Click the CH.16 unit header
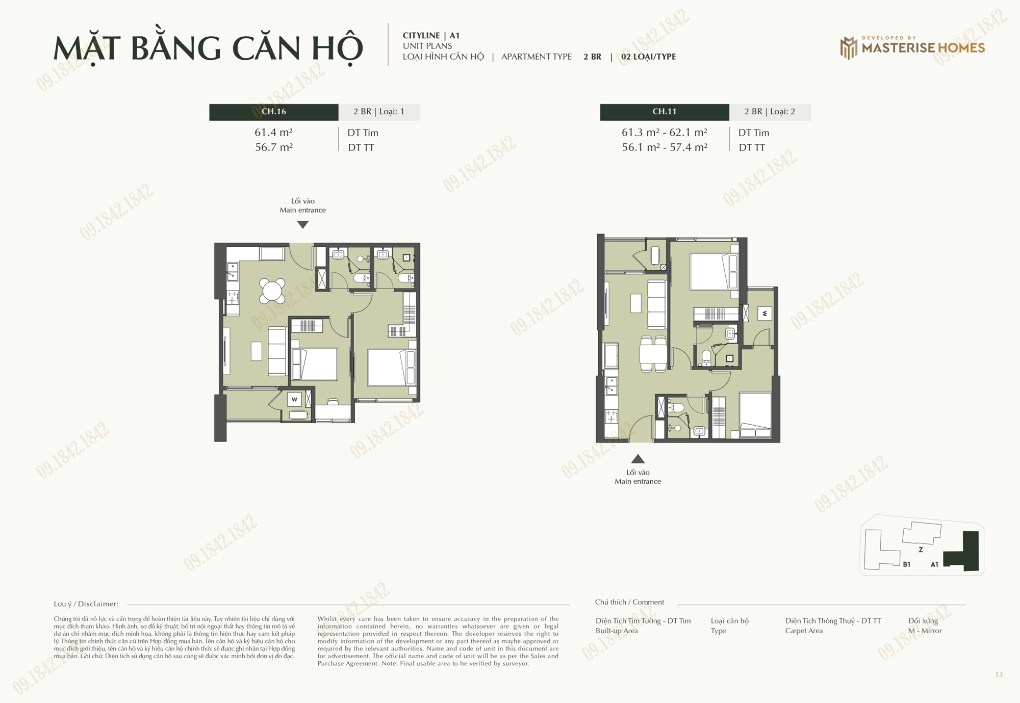(274, 112)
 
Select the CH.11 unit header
(665, 112)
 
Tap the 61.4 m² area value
(274, 133)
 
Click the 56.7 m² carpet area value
(274, 147)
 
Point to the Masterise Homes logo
(912, 48)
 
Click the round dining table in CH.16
(272, 291)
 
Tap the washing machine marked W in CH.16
(295, 399)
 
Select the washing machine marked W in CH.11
(764, 314)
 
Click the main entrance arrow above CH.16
(303, 225)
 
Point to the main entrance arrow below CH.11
(638, 459)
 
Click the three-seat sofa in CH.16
(277, 351)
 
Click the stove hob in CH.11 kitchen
(611, 416)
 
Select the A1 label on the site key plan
(934, 564)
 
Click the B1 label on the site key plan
(907, 564)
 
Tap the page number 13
(999, 675)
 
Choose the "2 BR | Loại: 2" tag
(770, 112)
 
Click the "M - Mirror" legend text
(925, 631)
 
